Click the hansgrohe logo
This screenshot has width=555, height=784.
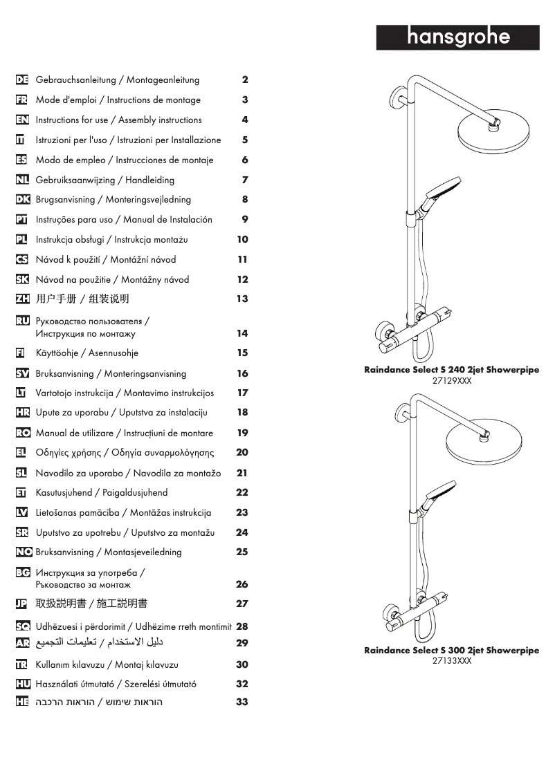click(x=457, y=37)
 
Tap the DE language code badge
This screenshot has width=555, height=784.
click(x=21, y=80)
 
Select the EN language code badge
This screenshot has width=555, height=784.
click(x=21, y=120)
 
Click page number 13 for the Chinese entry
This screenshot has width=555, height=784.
click(x=242, y=299)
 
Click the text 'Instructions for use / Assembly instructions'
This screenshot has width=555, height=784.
click(x=118, y=120)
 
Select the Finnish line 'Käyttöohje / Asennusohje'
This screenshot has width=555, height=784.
click(x=87, y=353)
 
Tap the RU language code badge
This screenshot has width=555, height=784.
click(x=21, y=321)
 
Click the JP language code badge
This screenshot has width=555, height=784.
click(x=21, y=604)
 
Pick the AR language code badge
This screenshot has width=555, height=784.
click(x=21, y=643)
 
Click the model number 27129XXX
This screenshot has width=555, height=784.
click(x=452, y=380)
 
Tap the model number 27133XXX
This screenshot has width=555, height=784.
click(x=452, y=661)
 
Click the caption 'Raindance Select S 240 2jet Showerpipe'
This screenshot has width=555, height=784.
click(x=452, y=370)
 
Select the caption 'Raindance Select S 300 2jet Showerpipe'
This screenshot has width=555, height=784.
click(x=452, y=651)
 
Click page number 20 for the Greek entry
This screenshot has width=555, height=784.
click(x=242, y=453)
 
